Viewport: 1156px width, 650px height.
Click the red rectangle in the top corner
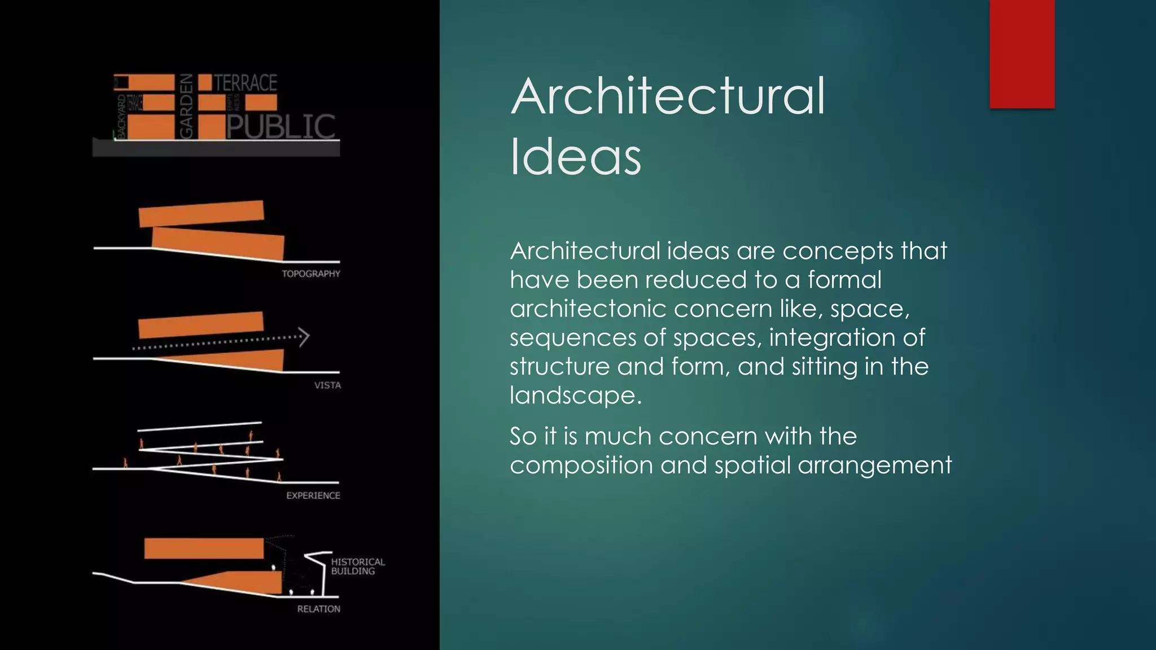click(x=1022, y=54)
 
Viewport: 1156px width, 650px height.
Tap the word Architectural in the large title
click(x=668, y=96)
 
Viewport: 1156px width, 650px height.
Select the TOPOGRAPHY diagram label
click(x=311, y=274)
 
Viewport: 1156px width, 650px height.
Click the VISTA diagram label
click(x=327, y=385)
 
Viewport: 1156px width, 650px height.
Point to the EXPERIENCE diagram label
click(x=313, y=495)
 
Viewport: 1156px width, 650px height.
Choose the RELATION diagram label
click(x=319, y=609)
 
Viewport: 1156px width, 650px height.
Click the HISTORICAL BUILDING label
click(x=358, y=566)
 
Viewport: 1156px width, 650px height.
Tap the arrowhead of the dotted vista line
click(x=304, y=337)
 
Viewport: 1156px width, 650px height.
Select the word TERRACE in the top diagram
click(x=246, y=83)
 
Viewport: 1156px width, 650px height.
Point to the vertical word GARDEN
click(x=186, y=106)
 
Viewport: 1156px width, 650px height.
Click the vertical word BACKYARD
click(x=120, y=116)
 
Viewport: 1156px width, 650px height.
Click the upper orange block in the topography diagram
click(x=201, y=213)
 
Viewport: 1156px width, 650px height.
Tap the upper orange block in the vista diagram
click(x=201, y=324)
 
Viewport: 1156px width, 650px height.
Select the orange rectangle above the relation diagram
click(x=204, y=548)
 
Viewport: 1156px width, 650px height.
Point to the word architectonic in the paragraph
click(x=584, y=309)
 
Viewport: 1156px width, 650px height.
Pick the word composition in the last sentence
click(x=581, y=465)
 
